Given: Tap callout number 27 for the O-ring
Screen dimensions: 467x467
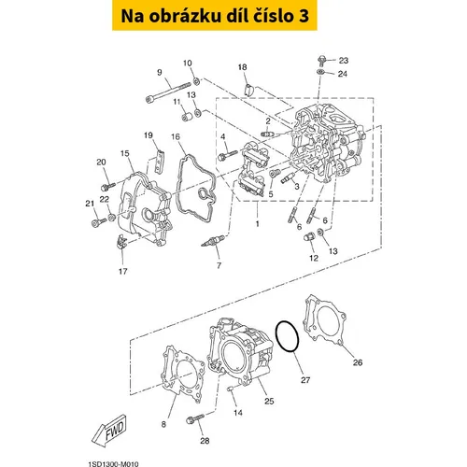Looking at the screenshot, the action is coord(305,380).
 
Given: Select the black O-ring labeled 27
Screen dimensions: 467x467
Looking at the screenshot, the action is coord(288,337).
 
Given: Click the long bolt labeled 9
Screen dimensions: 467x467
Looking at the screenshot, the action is coord(168,92).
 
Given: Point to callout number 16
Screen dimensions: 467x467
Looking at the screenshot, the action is coord(176,136).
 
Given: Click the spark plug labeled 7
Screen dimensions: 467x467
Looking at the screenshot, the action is coord(213,241).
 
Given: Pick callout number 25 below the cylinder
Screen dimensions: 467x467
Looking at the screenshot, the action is coord(269,401).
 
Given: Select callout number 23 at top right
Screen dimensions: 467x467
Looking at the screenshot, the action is coord(344,61).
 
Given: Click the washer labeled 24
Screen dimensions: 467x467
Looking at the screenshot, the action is coord(320,72).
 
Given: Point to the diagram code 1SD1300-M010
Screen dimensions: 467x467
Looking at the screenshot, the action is coord(113,464).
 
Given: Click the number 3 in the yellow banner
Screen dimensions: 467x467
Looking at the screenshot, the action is coord(304,16).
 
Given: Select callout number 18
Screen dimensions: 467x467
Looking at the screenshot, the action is coord(243,67).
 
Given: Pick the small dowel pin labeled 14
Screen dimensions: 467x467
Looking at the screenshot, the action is coord(231,389).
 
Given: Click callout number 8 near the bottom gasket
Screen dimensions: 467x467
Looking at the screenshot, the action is coord(163,424).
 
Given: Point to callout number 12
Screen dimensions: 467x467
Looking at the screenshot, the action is coord(314,258).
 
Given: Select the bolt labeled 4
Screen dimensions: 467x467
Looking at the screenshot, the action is coord(228,155).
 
